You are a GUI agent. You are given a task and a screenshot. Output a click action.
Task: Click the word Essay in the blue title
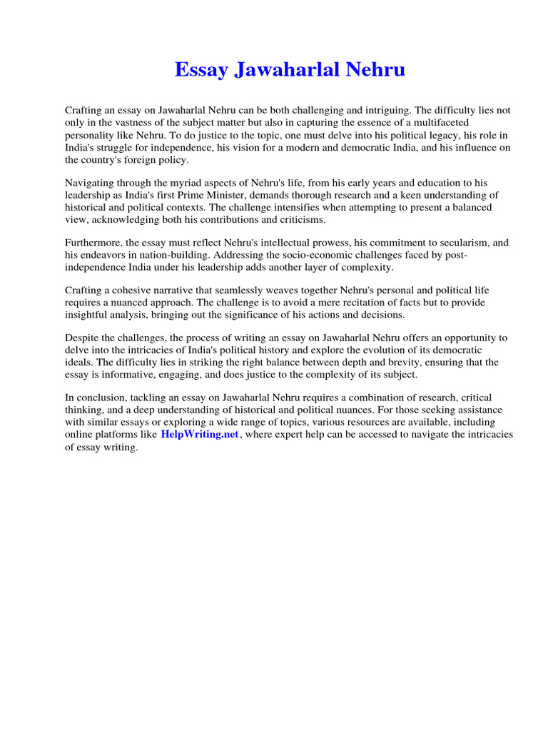tap(203, 70)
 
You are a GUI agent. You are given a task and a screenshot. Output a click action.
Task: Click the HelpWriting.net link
tap(199, 434)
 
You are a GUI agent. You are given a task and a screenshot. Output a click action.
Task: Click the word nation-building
tap(155, 256)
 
